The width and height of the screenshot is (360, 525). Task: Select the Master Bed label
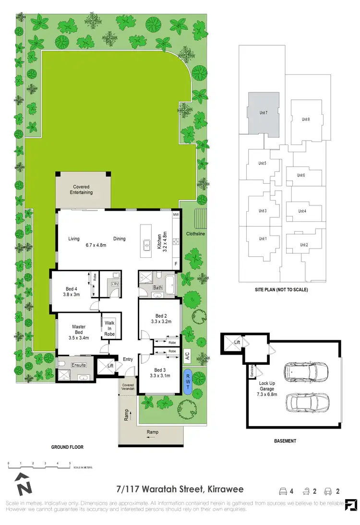(x=79, y=330)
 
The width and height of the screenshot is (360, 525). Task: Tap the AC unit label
(x=187, y=356)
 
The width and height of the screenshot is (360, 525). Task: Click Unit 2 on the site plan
(x=304, y=245)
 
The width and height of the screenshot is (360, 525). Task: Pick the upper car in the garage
(x=306, y=370)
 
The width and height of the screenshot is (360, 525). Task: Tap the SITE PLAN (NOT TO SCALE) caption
(x=281, y=290)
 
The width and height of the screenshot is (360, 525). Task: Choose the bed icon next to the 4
(x=283, y=491)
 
